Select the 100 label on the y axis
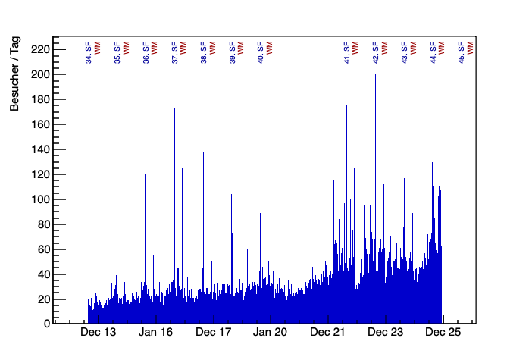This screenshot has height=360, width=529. click(38, 199)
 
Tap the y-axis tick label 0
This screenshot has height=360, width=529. click(45, 324)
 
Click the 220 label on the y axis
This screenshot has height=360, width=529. click(38, 49)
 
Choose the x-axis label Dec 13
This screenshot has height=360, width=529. click(99, 332)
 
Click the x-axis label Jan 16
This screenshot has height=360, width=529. click(156, 332)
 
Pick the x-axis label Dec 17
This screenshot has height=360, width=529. click(213, 332)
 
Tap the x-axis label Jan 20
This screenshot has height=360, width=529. click(271, 332)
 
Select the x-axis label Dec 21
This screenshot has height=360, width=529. click(328, 332)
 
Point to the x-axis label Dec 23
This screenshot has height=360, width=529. click(385, 332)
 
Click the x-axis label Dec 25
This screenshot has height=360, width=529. click(443, 332)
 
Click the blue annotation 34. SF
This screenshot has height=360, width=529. click(89, 52)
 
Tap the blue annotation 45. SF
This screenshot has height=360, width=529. click(462, 52)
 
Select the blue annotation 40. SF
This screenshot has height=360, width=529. click(261, 52)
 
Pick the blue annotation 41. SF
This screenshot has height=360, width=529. click(346, 52)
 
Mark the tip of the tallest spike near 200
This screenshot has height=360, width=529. click(375, 74)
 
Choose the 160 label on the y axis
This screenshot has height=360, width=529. click(38, 124)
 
